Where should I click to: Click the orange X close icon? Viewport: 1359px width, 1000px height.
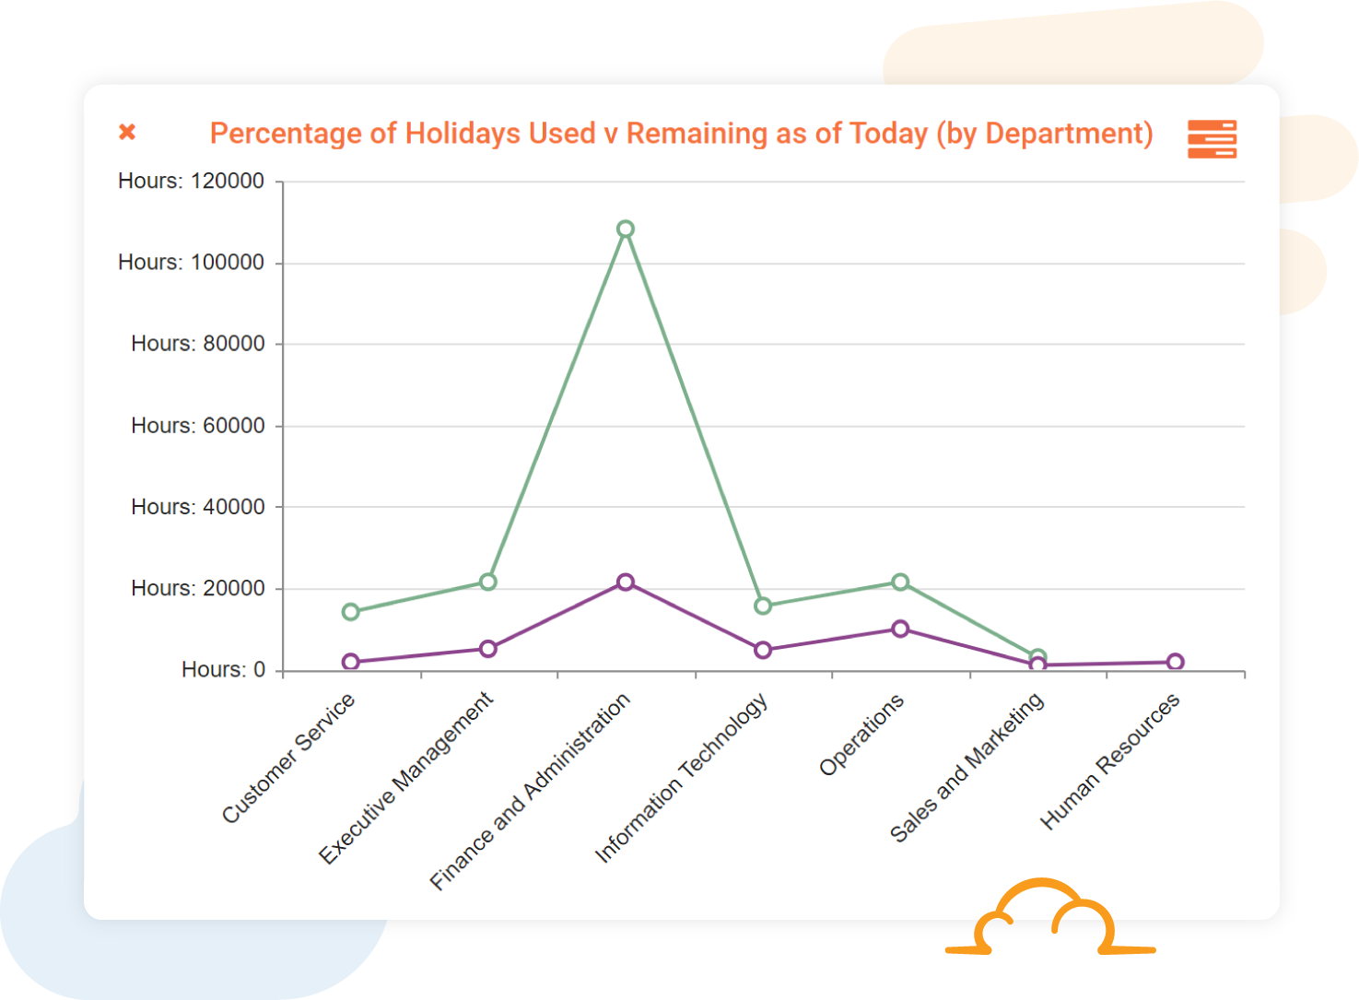click(x=127, y=132)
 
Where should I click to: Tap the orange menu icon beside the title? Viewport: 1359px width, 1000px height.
click(x=1212, y=139)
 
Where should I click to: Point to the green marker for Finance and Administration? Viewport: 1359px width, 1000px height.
click(x=626, y=229)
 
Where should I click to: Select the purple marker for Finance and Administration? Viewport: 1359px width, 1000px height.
click(x=626, y=582)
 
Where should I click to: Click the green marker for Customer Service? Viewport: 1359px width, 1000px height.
click(x=351, y=612)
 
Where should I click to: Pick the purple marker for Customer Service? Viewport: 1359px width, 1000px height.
click(x=351, y=662)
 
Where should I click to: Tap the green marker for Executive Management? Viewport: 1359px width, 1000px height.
click(x=488, y=582)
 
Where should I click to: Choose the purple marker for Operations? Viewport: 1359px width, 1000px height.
click(x=900, y=629)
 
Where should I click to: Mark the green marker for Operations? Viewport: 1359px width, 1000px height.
click(x=900, y=582)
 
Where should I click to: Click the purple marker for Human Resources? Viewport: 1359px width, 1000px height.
click(x=1175, y=662)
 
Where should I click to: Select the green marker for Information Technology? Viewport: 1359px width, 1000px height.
click(x=763, y=606)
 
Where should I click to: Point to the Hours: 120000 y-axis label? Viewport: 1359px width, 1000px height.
click(x=191, y=181)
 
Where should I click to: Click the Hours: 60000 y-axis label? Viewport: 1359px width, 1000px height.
click(x=197, y=426)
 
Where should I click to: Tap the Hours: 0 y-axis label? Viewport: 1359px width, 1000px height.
click(x=223, y=670)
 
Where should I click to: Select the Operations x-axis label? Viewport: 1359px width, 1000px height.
click(x=861, y=735)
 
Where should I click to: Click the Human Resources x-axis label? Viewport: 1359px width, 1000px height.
click(x=1110, y=762)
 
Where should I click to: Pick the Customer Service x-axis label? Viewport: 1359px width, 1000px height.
click(x=288, y=759)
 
